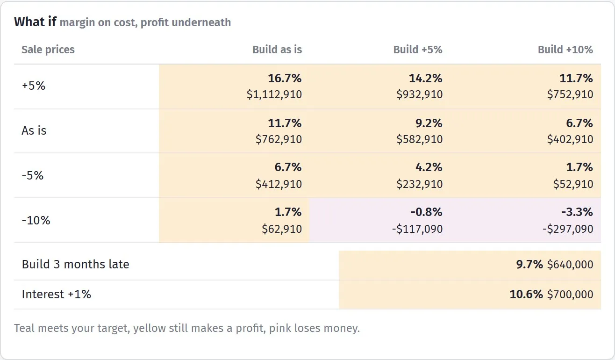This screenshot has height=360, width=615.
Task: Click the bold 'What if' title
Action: [x=35, y=22]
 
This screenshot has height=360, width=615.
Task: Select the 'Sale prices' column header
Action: [x=48, y=50]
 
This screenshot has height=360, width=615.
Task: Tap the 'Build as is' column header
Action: [x=277, y=50]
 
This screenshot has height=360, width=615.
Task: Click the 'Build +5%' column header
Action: [x=418, y=50]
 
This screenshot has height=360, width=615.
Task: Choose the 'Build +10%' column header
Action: [x=565, y=50]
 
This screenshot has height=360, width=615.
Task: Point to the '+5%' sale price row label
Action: [x=34, y=86]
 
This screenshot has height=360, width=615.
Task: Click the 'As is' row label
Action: [x=34, y=130]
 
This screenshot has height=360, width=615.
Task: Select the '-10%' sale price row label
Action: [x=36, y=220]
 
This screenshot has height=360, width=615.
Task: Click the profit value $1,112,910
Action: [x=274, y=94]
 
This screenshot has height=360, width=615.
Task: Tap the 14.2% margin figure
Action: [x=426, y=79]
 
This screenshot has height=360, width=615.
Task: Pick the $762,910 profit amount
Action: [x=279, y=139]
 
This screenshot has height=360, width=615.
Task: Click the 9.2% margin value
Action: [x=429, y=123]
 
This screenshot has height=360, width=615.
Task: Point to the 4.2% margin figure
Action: [x=429, y=167]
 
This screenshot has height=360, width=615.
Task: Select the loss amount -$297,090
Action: [x=568, y=229]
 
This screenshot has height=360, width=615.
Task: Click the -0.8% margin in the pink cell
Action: [x=426, y=212]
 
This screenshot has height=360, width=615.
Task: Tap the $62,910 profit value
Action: [x=282, y=229]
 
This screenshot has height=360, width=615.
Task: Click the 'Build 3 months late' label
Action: [x=76, y=265]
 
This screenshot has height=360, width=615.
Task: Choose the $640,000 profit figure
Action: [x=570, y=265]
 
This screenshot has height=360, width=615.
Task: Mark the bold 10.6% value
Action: [x=526, y=295]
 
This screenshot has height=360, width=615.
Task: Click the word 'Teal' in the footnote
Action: [x=24, y=328]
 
